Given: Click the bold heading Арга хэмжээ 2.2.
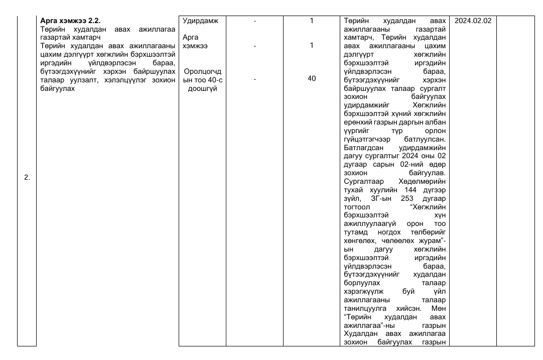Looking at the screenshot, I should pyautogui.click(x=70, y=21).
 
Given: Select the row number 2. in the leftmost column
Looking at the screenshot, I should pyautogui.click(x=27, y=177).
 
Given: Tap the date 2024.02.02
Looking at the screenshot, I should pyautogui.click(x=472, y=21).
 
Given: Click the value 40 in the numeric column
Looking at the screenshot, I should pyautogui.click(x=312, y=78).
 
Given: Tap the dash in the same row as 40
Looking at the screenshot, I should pyautogui.click(x=255, y=78).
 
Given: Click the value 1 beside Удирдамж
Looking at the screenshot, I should pyautogui.click(x=312, y=21).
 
